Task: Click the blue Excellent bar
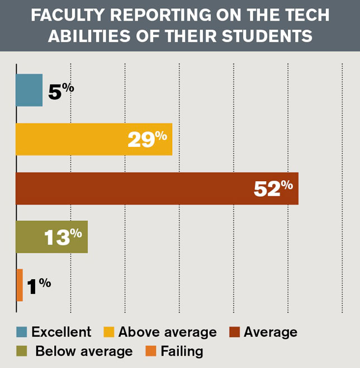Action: pyautogui.click(x=29, y=90)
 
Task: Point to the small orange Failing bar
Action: pyautogui.click(x=20, y=285)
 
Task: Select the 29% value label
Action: pyautogui.click(x=147, y=139)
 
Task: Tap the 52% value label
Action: pyautogui.click(x=273, y=188)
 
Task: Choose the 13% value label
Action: pyautogui.click(x=63, y=237)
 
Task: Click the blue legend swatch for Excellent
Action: pyautogui.click(x=21, y=332)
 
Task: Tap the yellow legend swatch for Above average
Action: pyautogui.click(x=109, y=332)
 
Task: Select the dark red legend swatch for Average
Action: pyautogui.click(x=235, y=332)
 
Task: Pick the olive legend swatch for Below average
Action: pyautogui.click(x=21, y=351)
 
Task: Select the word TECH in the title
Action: pyautogui.click(x=306, y=15)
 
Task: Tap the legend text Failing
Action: pyautogui.click(x=182, y=351)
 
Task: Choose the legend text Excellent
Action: pyautogui.click(x=61, y=332)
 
